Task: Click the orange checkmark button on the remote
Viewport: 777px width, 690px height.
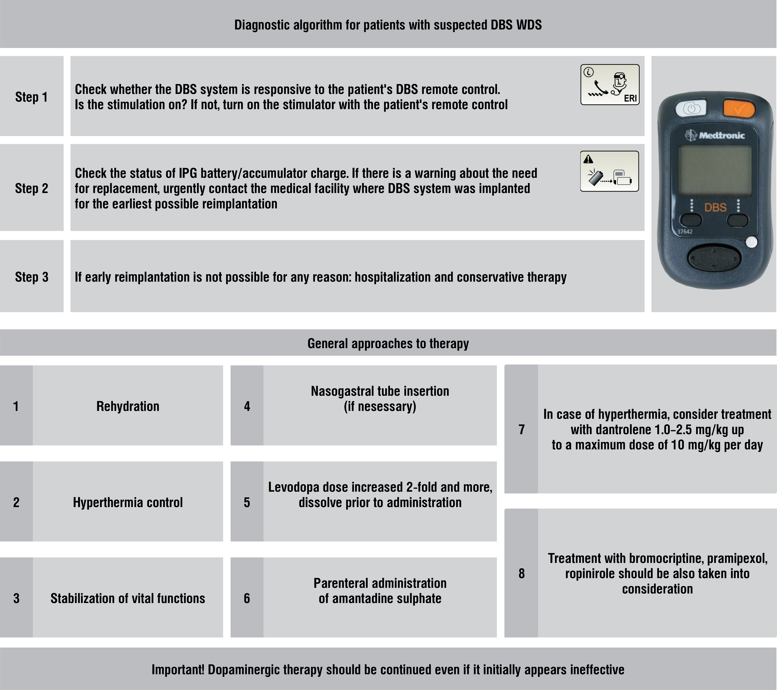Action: point(739,109)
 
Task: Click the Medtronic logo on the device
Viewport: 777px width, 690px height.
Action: point(715,135)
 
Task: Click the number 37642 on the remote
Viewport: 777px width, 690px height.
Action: point(685,231)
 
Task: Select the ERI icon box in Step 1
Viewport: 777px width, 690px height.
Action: point(610,84)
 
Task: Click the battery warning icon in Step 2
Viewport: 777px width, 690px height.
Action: point(609,171)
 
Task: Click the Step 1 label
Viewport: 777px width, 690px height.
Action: point(31,97)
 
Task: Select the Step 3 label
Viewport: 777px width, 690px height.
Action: point(31,277)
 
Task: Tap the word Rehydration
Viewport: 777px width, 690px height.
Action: point(128,406)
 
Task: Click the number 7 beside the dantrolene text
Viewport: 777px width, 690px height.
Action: point(522,429)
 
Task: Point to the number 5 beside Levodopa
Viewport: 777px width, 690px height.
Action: point(247,502)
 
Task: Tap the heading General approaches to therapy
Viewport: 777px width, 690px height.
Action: point(388,344)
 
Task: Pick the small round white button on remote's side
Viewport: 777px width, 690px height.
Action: point(751,242)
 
